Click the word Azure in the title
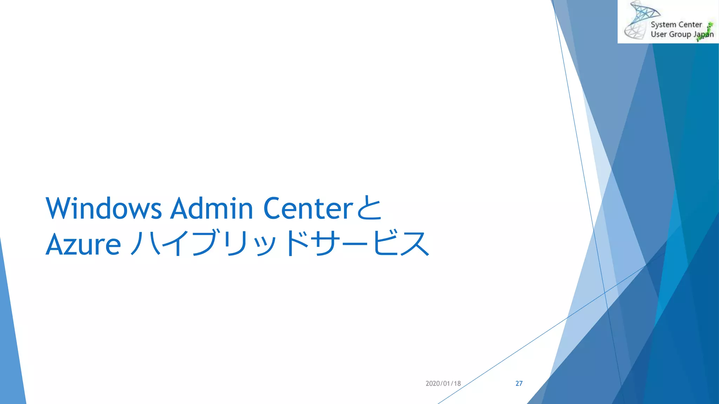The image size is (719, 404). [83, 244]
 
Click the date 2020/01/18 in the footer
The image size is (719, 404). [443, 384]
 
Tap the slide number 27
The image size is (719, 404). [519, 384]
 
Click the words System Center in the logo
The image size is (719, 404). [676, 25]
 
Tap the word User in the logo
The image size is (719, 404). [658, 34]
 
